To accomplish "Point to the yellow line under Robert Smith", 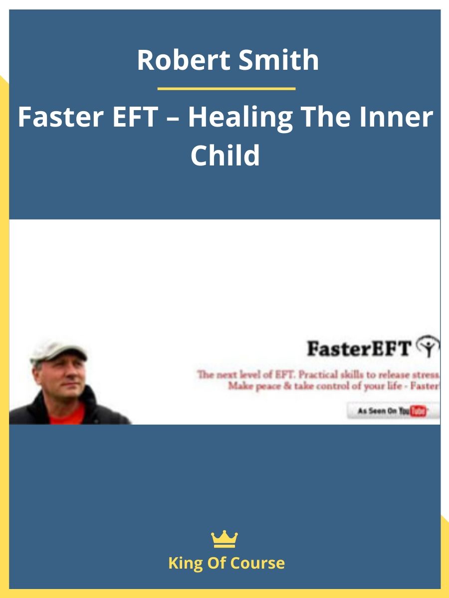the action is [226, 89].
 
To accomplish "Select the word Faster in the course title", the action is [61, 117].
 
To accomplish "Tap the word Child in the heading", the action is [225, 155].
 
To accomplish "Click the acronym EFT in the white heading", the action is [136, 117].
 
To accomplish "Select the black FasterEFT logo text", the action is [359, 349].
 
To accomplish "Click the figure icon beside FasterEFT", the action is [429, 346].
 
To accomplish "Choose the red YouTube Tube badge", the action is [418, 412].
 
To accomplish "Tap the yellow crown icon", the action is [224, 539].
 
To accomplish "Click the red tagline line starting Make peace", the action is [334, 386].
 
